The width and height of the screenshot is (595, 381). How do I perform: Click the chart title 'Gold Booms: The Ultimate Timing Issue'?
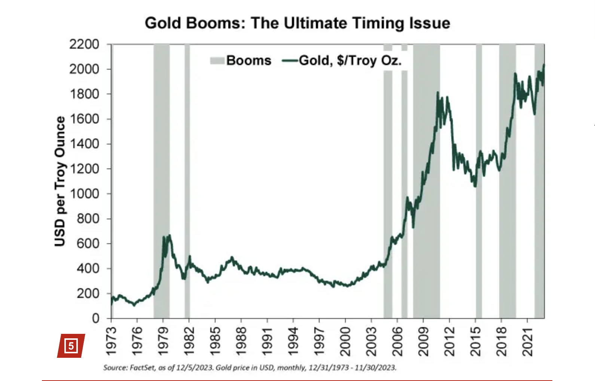pyautogui.click(x=297, y=23)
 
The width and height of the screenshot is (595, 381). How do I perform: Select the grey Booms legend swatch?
pyautogui.click(x=217, y=61)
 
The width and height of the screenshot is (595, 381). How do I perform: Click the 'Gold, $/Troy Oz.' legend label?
pyautogui.click(x=350, y=61)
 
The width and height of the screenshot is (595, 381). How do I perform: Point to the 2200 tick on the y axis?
pyautogui.click(x=84, y=44)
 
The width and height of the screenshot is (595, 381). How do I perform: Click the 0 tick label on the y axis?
pyautogui.click(x=95, y=318)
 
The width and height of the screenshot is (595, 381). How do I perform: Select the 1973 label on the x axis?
pyautogui.click(x=111, y=341)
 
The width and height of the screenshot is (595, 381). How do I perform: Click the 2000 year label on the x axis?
pyautogui.click(x=345, y=341)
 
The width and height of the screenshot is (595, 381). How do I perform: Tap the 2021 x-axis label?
pyautogui.click(x=527, y=341)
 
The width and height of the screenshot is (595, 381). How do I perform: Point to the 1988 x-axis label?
pyautogui.click(x=241, y=341)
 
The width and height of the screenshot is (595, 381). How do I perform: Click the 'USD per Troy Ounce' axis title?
pyautogui.click(x=60, y=182)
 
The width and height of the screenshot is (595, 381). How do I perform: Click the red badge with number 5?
pyautogui.click(x=71, y=345)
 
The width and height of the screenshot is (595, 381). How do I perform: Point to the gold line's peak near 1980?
pyautogui.click(x=170, y=235)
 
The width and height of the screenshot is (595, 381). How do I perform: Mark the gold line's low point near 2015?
pyautogui.click(x=475, y=186)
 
